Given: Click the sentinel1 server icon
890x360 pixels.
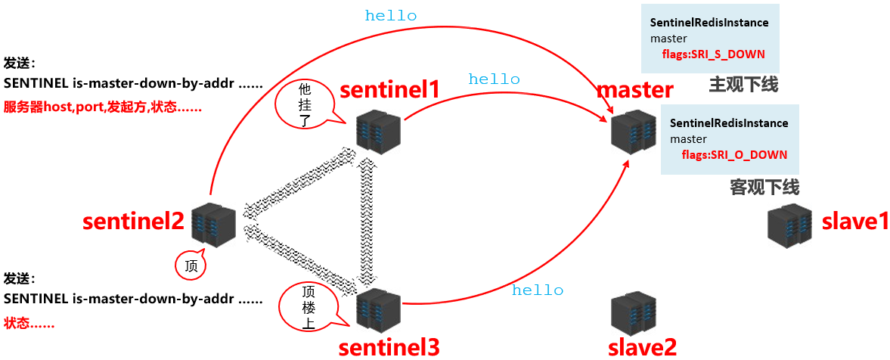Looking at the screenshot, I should click(377, 130).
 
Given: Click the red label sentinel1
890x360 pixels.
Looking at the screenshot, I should click(389, 89).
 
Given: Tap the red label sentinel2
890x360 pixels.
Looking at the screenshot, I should click(133, 222).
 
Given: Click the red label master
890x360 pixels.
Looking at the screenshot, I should click(634, 90).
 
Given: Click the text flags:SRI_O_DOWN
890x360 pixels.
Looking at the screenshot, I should click(734, 155).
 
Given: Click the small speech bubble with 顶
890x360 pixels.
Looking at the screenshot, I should click(190, 265).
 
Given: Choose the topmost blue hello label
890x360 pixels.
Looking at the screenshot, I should click(391, 15).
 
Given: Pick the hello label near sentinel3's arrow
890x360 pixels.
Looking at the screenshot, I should click(538, 290).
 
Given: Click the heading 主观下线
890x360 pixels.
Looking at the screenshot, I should click(743, 85).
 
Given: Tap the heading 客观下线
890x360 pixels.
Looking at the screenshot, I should click(764, 187).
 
